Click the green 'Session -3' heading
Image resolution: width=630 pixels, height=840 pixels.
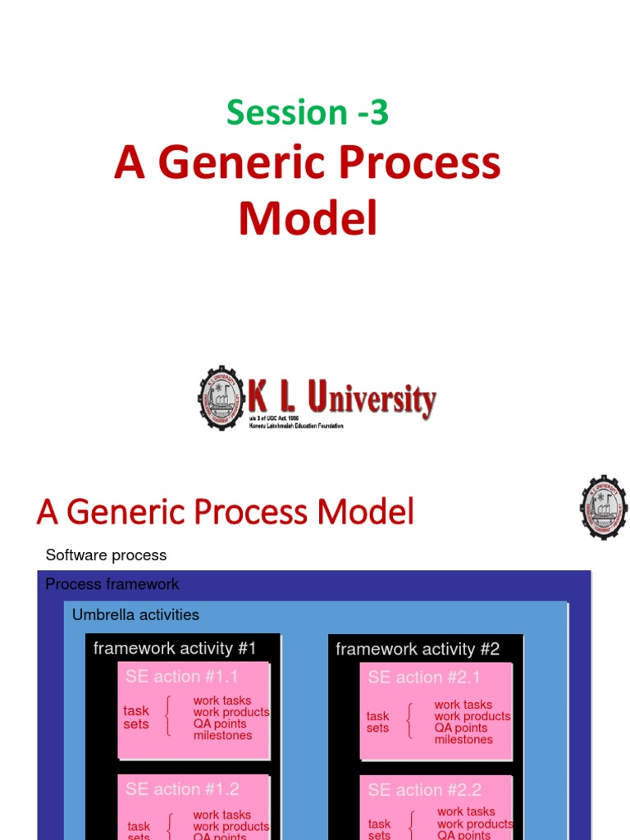[307, 112]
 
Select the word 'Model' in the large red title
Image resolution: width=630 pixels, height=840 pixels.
[308, 219]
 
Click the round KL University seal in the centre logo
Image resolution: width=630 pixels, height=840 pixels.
[221, 399]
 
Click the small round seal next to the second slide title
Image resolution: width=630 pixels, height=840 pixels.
[604, 508]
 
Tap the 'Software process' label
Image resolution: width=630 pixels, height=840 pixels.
[106, 555]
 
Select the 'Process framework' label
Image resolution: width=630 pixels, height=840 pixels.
[112, 584]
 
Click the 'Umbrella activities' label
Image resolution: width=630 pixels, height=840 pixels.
[135, 614]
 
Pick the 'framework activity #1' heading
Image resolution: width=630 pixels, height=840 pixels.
[175, 648]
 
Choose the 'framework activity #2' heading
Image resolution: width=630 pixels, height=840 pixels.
[418, 650]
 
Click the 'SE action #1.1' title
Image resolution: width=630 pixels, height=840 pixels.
[181, 677]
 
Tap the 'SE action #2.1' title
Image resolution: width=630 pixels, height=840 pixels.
[424, 678]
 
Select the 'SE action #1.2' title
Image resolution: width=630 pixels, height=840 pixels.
[182, 789]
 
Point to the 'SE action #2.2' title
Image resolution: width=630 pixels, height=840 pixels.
[424, 790]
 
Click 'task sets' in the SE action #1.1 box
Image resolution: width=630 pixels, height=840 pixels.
[136, 718]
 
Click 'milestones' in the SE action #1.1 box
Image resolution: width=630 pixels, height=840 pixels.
[222, 736]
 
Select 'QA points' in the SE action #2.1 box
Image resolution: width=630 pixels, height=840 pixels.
[461, 728]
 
